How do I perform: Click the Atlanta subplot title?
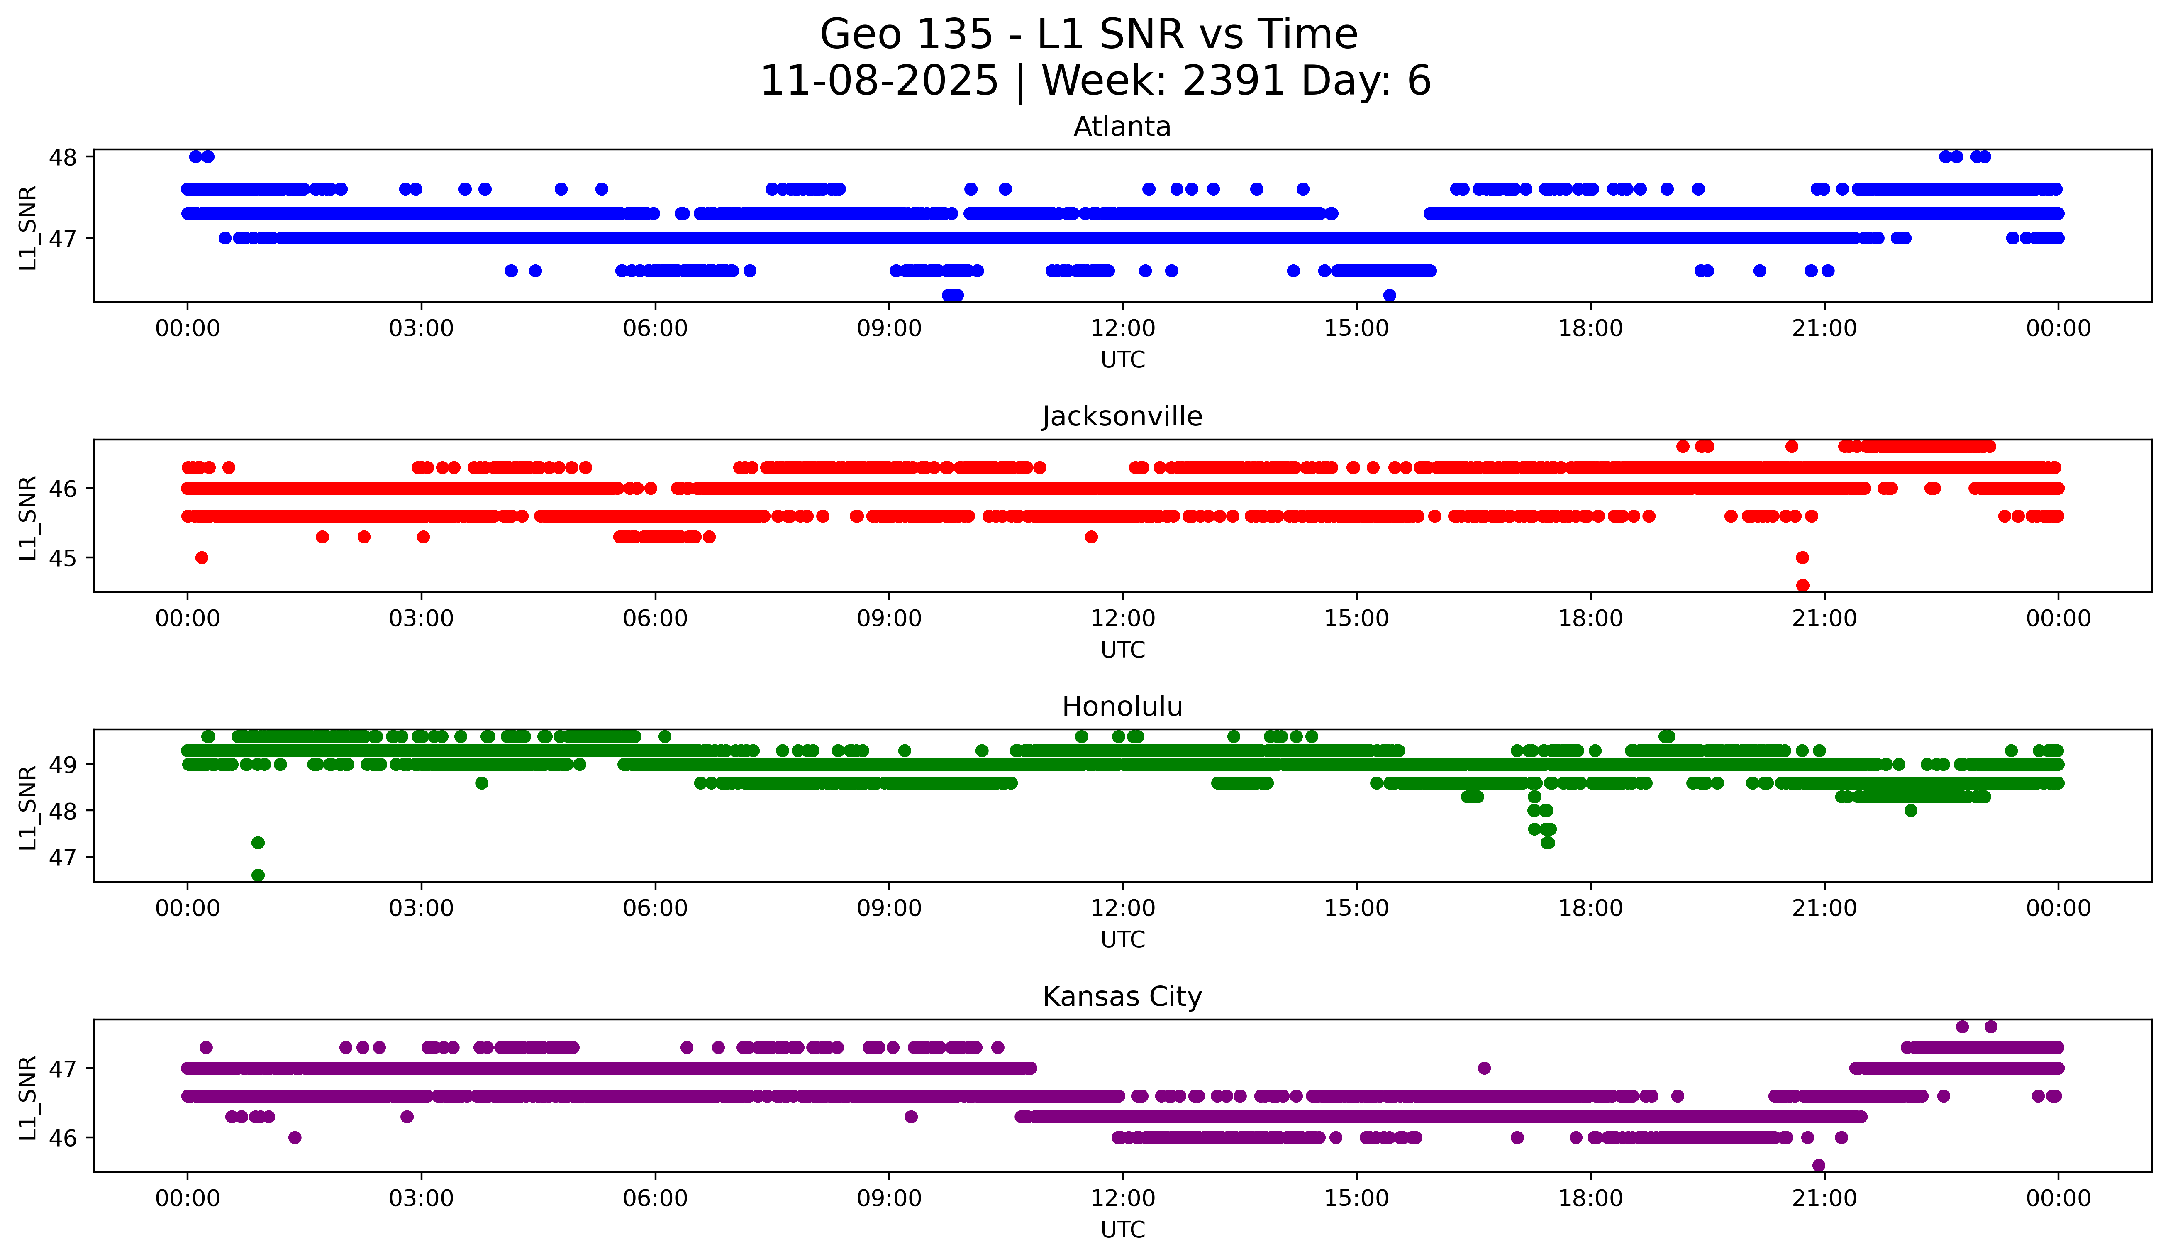(1122, 127)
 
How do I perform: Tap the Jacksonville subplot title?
(1122, 416)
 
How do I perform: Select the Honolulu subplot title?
(1122, 707)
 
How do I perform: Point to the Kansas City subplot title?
(1122, 997)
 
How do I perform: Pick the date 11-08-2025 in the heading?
(878, 81)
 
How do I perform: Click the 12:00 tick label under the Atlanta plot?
(1123, 328)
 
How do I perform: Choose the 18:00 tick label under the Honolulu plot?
(1590, 908)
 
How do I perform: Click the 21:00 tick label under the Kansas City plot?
(1824, 1198)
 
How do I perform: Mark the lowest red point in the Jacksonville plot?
(1802, 585)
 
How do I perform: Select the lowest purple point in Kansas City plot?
(1818, 1165)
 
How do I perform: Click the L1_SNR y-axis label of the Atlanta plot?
(27, 228)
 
